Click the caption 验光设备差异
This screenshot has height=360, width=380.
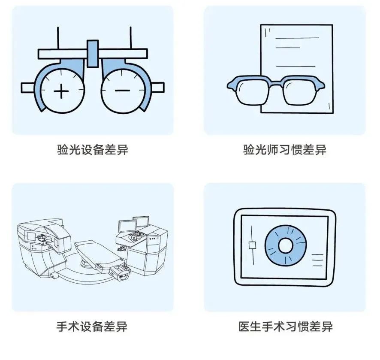click(93, 150)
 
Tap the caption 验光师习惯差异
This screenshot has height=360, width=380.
click(285, 150)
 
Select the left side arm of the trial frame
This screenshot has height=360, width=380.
click(28, 88)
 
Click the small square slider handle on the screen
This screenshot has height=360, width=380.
click(252, 245)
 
